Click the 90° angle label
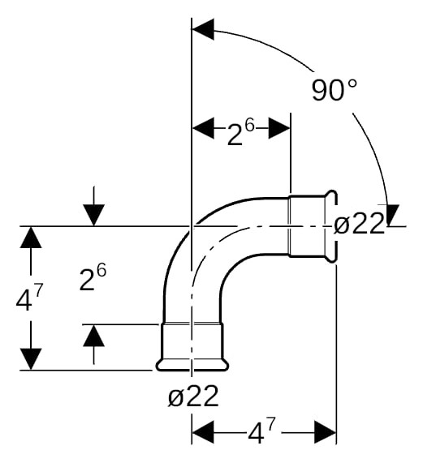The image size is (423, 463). [x=335, y=89]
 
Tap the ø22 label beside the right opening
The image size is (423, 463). [x=359, y=224]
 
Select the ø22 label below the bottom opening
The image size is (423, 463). [x=193, y=396]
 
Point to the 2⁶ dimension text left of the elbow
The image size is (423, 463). [x=93, y=277]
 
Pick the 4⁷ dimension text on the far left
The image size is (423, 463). [x=29, y=297]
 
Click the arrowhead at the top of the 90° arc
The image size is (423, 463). [x=203, y=29]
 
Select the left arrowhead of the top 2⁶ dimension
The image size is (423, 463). [x=203, y=128]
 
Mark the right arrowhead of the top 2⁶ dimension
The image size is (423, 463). [x=279, y=128]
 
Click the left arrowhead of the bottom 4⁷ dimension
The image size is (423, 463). [x=203, y=432]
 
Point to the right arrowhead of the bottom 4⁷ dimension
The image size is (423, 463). [x=325, y=432]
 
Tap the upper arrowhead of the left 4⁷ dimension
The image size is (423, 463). [x=31, y=237]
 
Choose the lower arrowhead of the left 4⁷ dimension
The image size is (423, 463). [x=31, y=359]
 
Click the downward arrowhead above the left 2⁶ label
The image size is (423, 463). [x=93, y=215]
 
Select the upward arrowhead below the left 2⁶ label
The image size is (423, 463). [x=93, y=336]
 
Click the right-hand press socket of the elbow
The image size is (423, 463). [x=312, y=226]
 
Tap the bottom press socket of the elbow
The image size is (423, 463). [x=192, y=346]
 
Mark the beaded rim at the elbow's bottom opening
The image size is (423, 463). [x=192, y=365]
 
